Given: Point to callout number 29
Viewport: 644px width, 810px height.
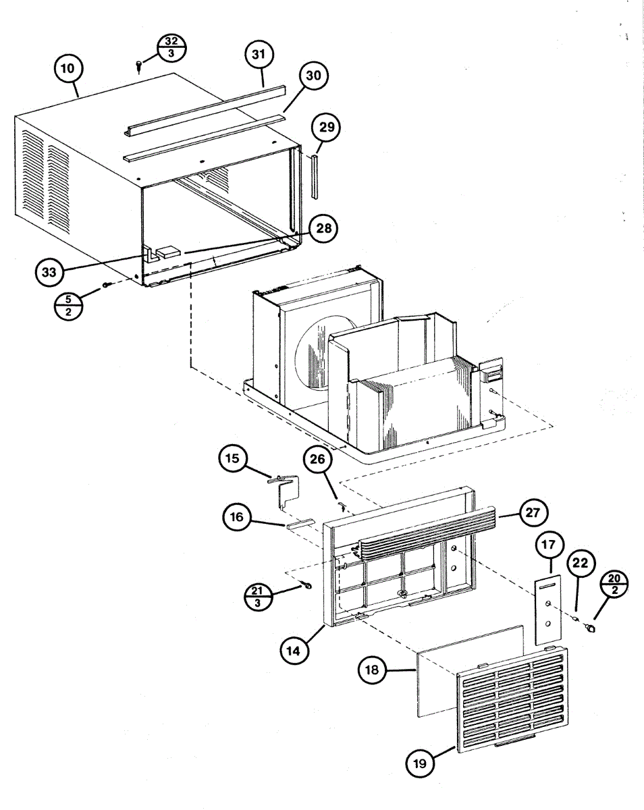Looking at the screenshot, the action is click(326, 127).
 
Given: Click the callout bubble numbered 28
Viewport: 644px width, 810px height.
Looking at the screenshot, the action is click(324, 229).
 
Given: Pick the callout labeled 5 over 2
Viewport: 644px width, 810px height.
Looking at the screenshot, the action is click(69, 307).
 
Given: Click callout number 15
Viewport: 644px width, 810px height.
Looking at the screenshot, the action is click(232, 460).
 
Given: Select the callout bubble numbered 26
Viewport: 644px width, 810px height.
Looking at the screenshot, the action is click(318, 461).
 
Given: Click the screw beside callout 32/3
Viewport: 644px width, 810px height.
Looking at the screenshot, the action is click(139, 65).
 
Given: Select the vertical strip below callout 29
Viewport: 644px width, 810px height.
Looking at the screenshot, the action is click(315, 175).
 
